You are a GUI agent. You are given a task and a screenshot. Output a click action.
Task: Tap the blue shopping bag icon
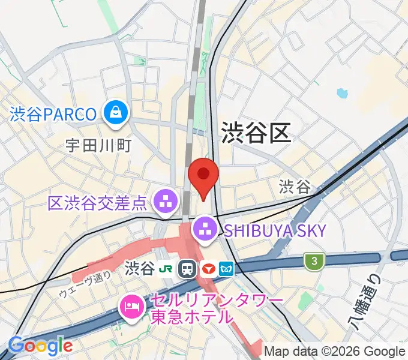114,112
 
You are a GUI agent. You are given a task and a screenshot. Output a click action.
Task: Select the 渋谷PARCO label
53,114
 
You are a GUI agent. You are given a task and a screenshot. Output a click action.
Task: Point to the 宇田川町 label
99,145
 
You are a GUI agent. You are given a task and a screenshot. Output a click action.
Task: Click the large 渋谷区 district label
256,131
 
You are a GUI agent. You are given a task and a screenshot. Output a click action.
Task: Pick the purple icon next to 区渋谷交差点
164,202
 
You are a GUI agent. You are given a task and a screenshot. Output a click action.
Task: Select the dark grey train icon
188,268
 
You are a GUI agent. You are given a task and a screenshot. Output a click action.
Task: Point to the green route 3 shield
313,261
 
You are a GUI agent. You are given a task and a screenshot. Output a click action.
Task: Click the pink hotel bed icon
131,307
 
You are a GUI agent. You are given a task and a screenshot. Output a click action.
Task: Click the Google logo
40,346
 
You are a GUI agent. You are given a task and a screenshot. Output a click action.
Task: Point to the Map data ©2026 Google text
335,351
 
